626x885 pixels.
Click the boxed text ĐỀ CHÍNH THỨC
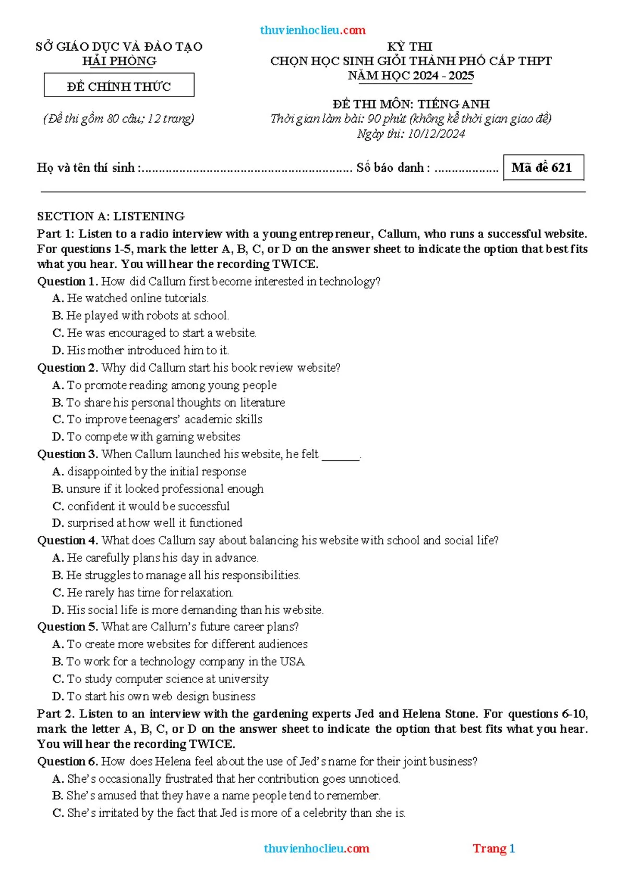pyautogui.click(x=119, y=86)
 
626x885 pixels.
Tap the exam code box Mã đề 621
pyautogui.click(x=543, y=168)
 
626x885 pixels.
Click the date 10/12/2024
pyautogui.click(x=436, y=134)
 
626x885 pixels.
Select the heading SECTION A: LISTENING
pyautogui.click(x=111, y=216)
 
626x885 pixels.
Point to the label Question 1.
pyautogui.click(x=67, y=282)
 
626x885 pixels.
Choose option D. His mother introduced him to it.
pyautogui.click(x=141, y=350)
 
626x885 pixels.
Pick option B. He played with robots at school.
pyautogui.click(x=141, y=316)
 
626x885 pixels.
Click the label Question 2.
pyautogui.click(x=67, y=368)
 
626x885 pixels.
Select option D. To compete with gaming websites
pyautogui.click(x=147, y=437)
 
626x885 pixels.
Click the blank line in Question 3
pyautogui.click(x=341, y=456)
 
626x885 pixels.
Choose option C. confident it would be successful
pyautogui.click(x=141, y=506)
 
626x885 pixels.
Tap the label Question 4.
pyautogui.click(x=67, y=541)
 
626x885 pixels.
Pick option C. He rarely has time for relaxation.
pyautogui.click(x=143, y=593)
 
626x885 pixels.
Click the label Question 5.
pyautogui.click(x=67, y=627)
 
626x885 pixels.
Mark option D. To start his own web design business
pyautogui.click(x=154, y=696)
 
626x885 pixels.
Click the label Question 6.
pyautogui.click(x=67, y=762)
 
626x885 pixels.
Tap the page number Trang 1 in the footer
pyautogui.click(x=493, y=848)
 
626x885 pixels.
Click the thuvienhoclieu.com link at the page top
pyautogui.click(x=312, y=30)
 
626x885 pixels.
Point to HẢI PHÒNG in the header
pyautogui.click(x=119, y=61)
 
